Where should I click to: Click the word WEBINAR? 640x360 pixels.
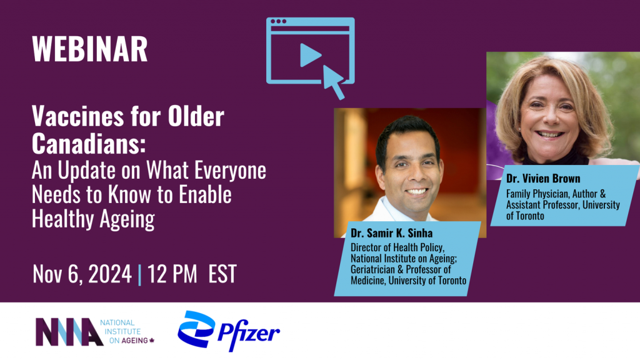click(x=90, y=49)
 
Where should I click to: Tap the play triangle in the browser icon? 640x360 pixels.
click(x=310, y=56)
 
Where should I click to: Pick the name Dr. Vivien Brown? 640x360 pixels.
click(x=542, y=179)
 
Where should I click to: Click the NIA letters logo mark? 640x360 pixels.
click(x=69, y=332)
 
